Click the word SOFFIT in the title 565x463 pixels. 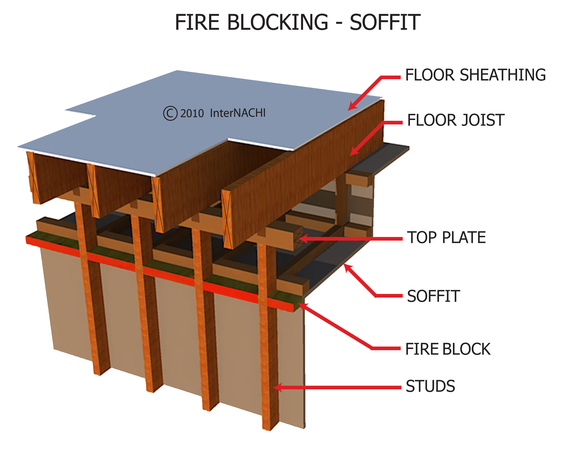coord(385,22)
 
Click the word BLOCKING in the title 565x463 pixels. coord(277,22)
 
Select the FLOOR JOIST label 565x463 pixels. coord(456,120)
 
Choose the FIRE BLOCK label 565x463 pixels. coord(448,349)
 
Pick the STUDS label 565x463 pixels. coord(430,386)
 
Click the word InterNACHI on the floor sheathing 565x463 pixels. coord(237,113)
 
